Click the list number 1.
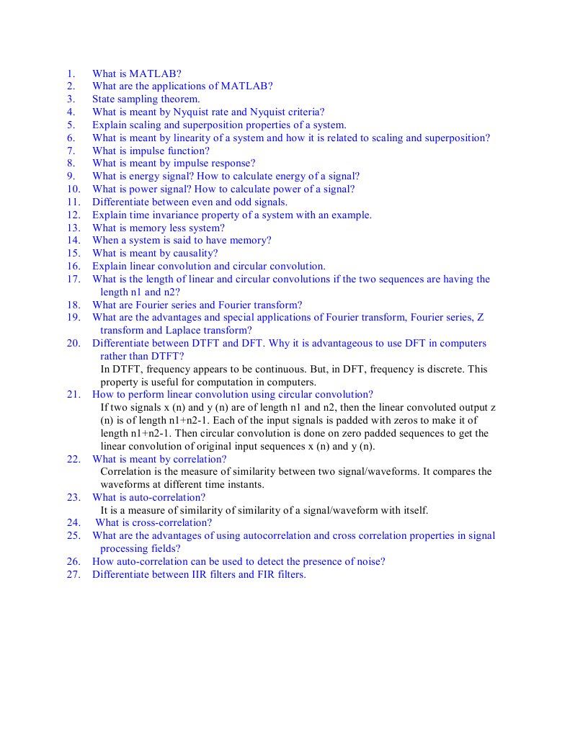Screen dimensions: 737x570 coord(70,73)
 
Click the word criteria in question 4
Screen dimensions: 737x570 coord(298,112)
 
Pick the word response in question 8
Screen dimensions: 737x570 coord(232,164)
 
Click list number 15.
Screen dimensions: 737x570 coord(73,254)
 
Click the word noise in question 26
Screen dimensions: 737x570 coord(368,562)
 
